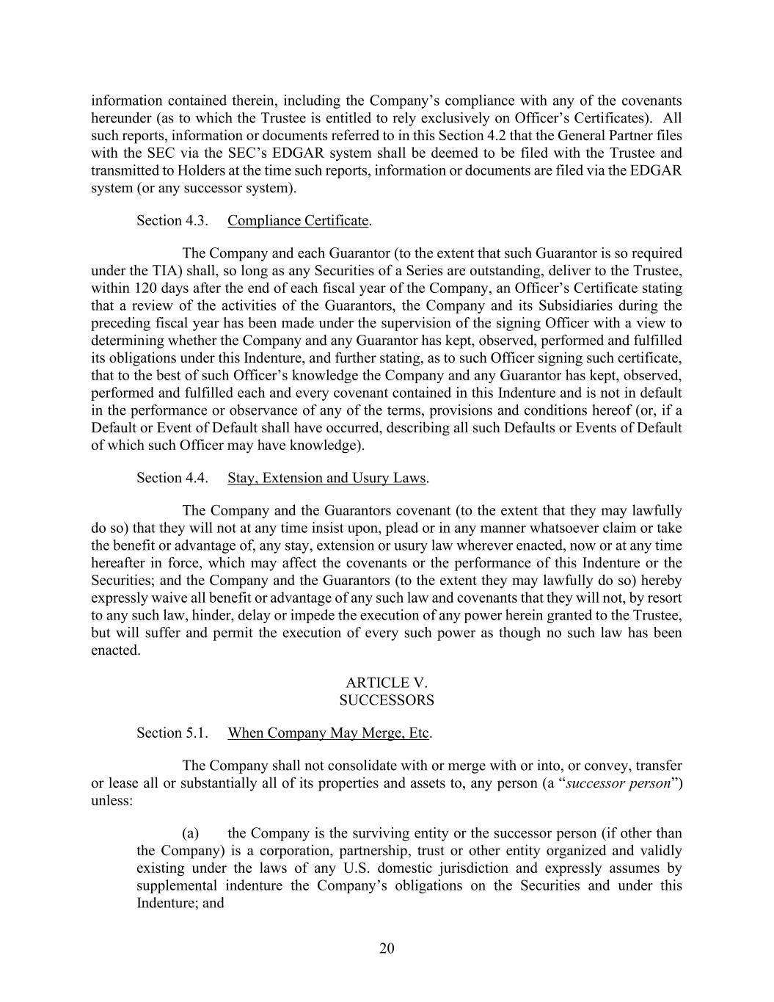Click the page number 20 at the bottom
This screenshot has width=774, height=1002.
coord(387,948)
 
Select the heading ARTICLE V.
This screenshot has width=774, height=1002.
coord(387,683)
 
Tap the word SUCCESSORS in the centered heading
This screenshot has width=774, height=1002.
coord(387,700)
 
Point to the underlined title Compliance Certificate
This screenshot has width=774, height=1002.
coord(298,221)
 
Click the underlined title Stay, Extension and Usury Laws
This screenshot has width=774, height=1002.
coord(326,478)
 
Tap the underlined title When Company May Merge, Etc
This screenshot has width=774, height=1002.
coord(328,733)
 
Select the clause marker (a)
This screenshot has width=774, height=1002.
coord(191,834)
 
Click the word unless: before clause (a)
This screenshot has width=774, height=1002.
coord(112,801)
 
